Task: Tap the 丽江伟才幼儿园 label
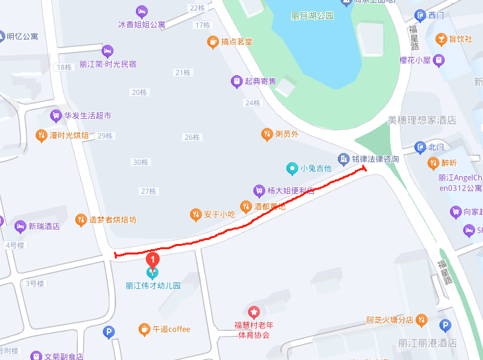(153, 286)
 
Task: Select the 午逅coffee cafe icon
(144, 329)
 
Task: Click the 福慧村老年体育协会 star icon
(253, 311)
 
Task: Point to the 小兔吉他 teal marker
(291, 168)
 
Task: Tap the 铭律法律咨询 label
(375, 159)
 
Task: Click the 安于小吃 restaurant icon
(195, 214)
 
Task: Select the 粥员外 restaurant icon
(267, 134)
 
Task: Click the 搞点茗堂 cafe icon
(212, 42)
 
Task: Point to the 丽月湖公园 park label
(312, 15)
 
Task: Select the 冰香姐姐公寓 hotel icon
(141, 11)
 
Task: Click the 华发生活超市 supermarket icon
(55, 115)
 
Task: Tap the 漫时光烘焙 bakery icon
(41, 135)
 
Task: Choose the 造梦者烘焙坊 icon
(80, 220)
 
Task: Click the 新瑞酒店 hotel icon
(19, 226)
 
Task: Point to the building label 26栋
(192, 137)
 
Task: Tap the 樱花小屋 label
(414, 60)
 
